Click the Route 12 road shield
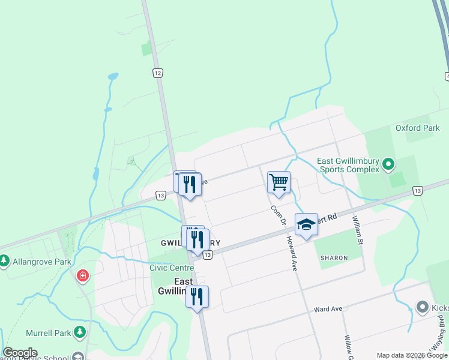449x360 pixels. pyautogui.click(x=157, y=73)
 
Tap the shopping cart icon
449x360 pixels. pyautogui.click(x=279, y=182)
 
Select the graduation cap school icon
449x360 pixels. pyautogui.click(x=306, y=224)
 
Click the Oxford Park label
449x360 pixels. pyautogui.click(x=418, y=128)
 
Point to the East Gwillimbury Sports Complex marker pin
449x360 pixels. pyautogui.click(x=388, y=163)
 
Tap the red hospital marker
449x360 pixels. pyautogui.click(x=82, y=276)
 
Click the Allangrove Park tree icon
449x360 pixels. pyautogui.click(x=5, y=261)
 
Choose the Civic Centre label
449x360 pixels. pyautogui.click(x=172, y=268)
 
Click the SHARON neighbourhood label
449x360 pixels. pyautogui.click(x=334, y=257)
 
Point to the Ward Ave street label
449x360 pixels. pyautogui.click(x=328, y=309)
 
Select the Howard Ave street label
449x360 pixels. pyautogui.click(x=292, y=252)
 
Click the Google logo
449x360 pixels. pyautogui.click(x=20, y=353)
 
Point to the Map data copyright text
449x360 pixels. pyautogui.click(x=412, y=355)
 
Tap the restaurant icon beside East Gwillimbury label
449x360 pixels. pyautogui.click(x=197, y=297)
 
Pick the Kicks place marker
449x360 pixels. pyautogui.click(x=424, y=307)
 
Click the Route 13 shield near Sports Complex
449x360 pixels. pyautogui.click(x=417, y=190)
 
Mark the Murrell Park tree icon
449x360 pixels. pyautogui.click(x=80, y=332)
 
